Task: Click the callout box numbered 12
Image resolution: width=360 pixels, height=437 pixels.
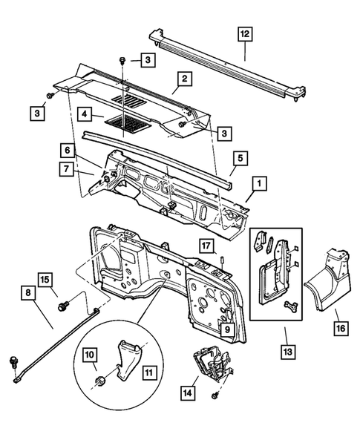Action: coord(244,33)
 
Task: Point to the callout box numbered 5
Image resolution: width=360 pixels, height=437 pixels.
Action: coord(240,158)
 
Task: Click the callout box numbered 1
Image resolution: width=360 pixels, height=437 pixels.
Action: coord(258,182)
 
